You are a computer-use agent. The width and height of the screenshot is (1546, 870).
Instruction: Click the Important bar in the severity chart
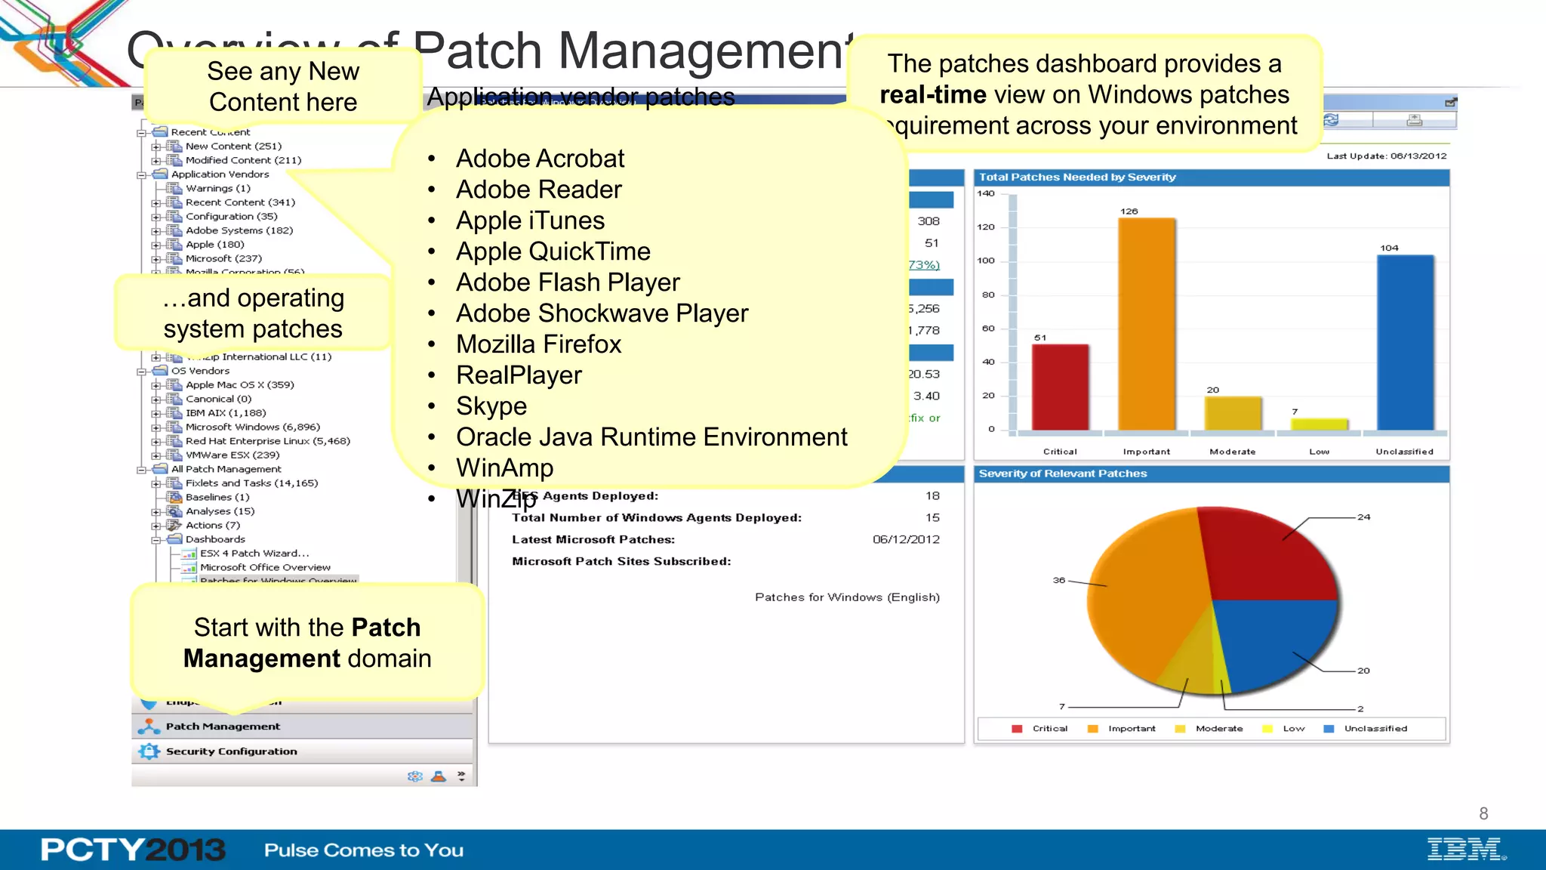[x=1146, y=325]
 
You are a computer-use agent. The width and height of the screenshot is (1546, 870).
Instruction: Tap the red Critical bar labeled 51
[x=1060, y=387]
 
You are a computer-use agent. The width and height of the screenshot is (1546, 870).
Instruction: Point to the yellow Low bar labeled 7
[x=1318, y=424]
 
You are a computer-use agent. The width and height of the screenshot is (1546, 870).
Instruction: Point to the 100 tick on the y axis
[x=986, y=261]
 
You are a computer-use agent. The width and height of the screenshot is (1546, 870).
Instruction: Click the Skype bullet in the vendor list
[x=491, y=406]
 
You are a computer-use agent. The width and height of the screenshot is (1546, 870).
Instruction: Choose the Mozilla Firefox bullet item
[x=538, y=344]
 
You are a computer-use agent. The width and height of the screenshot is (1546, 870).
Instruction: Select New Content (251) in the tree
[x=233, y=146]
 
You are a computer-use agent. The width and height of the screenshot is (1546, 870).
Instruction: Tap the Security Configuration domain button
[x=231, y=751]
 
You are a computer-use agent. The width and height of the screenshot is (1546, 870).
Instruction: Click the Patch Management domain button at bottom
[x=223, y=727]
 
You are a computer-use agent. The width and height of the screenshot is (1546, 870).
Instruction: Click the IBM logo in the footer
[x=1464, y=849]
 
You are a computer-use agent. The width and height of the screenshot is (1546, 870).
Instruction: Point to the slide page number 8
[x=1483, y=813]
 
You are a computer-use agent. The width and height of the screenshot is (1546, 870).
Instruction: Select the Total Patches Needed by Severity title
[x=1077, y=177]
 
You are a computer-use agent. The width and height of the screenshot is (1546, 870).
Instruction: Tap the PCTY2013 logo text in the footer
[x=133, y=850]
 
